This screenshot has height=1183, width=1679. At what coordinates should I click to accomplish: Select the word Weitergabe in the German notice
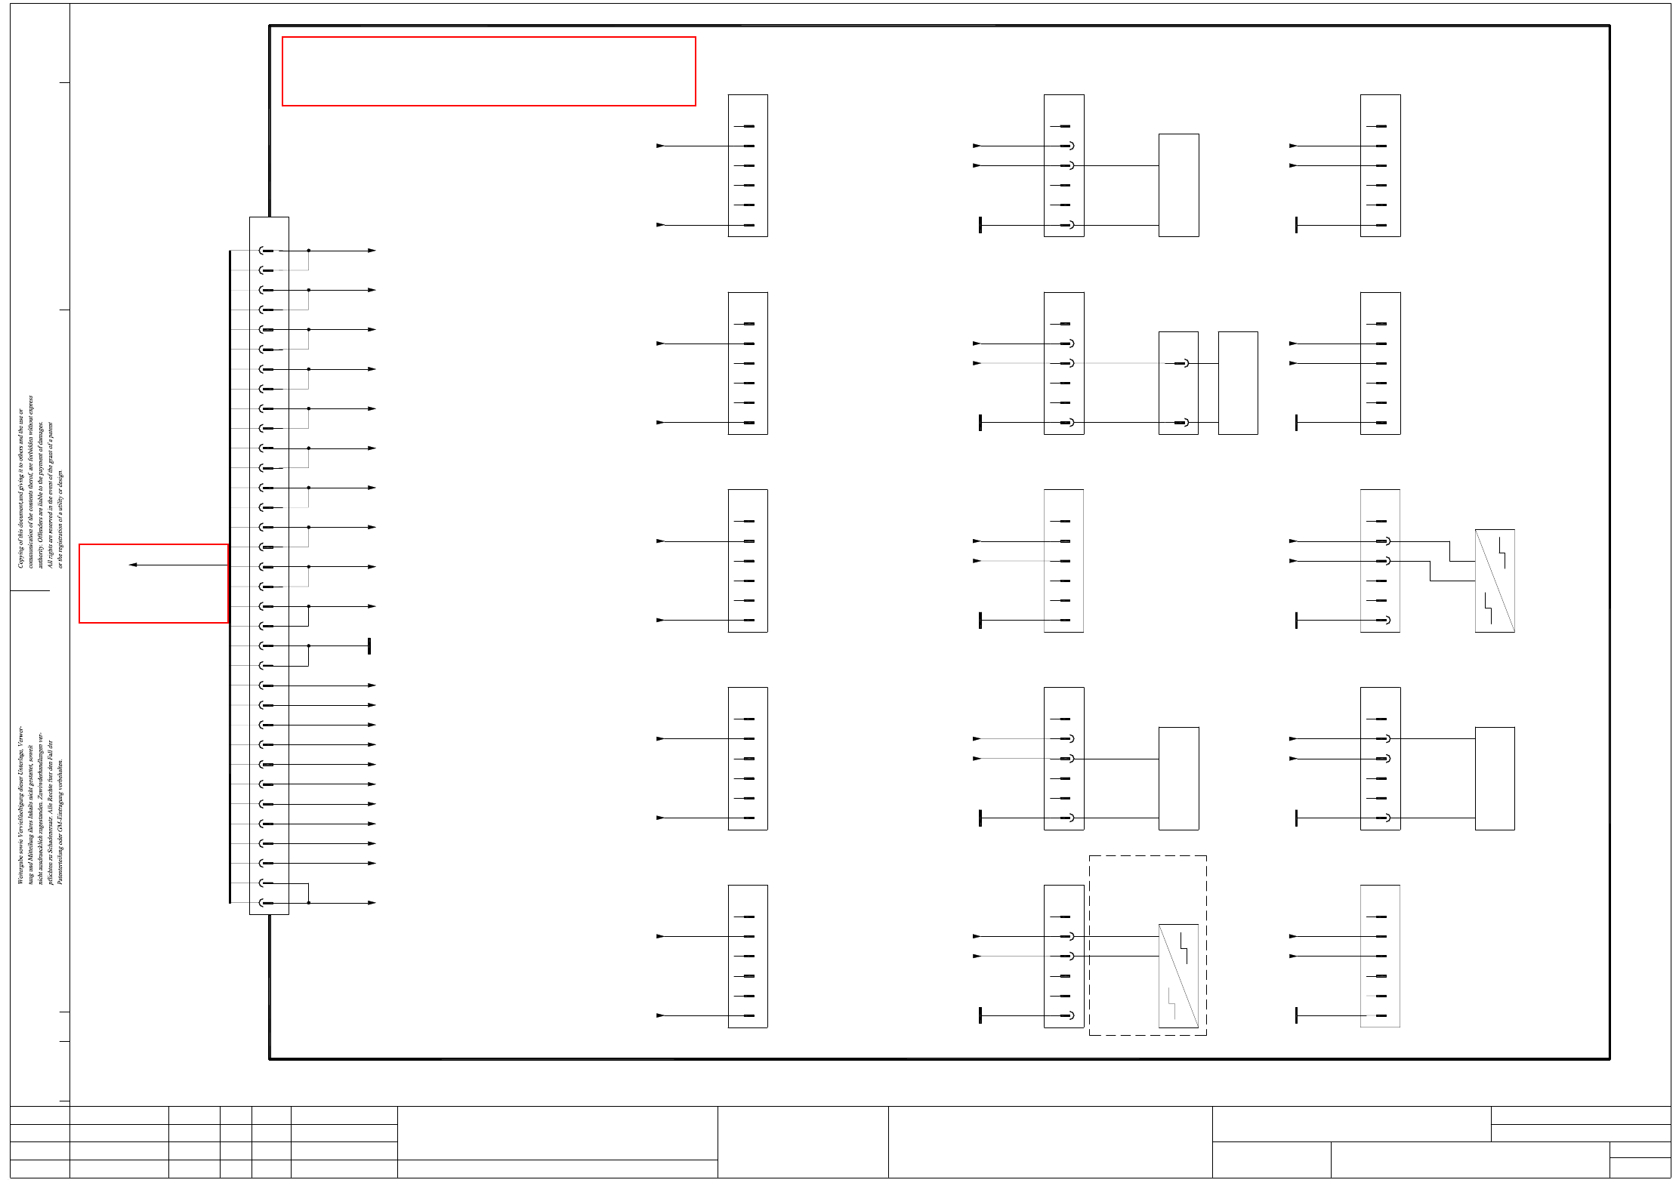coord(21,868)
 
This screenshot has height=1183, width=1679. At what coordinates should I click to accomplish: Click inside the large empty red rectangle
coord(488,71)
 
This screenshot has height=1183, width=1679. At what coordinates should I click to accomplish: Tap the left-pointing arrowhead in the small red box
coord(133,565)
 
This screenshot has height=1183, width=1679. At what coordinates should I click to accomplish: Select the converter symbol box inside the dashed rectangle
coord(1178,975)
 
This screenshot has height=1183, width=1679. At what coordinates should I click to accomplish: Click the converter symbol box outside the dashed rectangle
coord(1494,581)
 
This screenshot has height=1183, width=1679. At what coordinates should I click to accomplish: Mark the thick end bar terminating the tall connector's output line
coord(369,646)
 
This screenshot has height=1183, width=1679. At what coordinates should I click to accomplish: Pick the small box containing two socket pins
coord(1177,383)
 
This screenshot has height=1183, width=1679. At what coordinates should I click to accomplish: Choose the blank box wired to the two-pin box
coord(1237,383)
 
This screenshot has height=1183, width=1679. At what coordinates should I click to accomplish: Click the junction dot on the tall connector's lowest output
coord(308,903)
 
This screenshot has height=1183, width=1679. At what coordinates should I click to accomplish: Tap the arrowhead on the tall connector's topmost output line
coord(371,251)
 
